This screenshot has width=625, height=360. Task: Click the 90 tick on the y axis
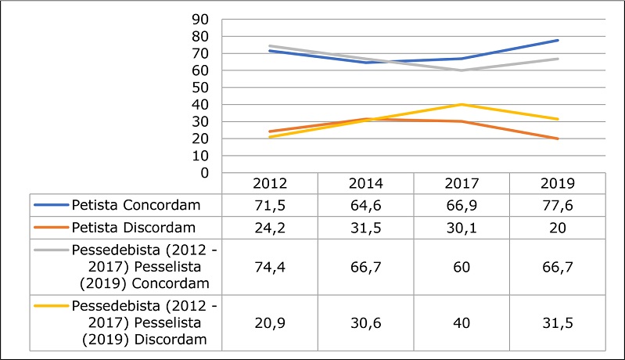210,20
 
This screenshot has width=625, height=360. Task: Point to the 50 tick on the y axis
210,88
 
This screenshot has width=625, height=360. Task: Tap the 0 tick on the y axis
214,173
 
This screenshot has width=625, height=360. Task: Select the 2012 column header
270,185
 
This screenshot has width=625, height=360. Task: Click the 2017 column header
461,185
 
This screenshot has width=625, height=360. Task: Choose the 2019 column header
557,185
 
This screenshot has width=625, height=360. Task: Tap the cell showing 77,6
557,205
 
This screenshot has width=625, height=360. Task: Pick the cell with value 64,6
365,205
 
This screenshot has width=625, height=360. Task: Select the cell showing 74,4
270,267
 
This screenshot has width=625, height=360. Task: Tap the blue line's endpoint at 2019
557,40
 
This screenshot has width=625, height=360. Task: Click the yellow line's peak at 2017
461,104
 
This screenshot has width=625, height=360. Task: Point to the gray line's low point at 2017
461,70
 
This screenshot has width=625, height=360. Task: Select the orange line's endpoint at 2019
557,139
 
